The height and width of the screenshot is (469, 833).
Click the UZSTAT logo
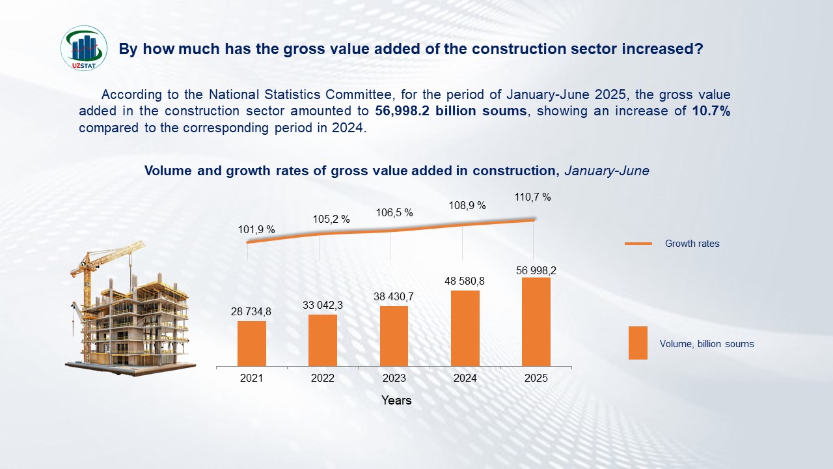84,48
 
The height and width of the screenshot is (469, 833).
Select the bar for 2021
251,343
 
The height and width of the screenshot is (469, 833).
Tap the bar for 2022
323,340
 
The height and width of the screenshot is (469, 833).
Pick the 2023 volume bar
394,336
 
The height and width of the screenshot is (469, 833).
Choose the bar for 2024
465,328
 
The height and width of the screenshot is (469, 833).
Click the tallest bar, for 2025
536,322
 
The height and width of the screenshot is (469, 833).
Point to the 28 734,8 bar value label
251,312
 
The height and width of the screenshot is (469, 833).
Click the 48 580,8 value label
465,281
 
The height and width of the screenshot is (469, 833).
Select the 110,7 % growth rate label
532,197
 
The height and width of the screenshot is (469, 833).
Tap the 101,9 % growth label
256,229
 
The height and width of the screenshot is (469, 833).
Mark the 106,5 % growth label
394,212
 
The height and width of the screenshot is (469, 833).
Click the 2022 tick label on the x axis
323,378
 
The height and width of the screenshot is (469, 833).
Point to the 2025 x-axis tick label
536,378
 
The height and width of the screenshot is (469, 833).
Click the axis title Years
396,400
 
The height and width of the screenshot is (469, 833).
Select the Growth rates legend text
692,244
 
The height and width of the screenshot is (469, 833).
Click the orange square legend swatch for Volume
638,343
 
